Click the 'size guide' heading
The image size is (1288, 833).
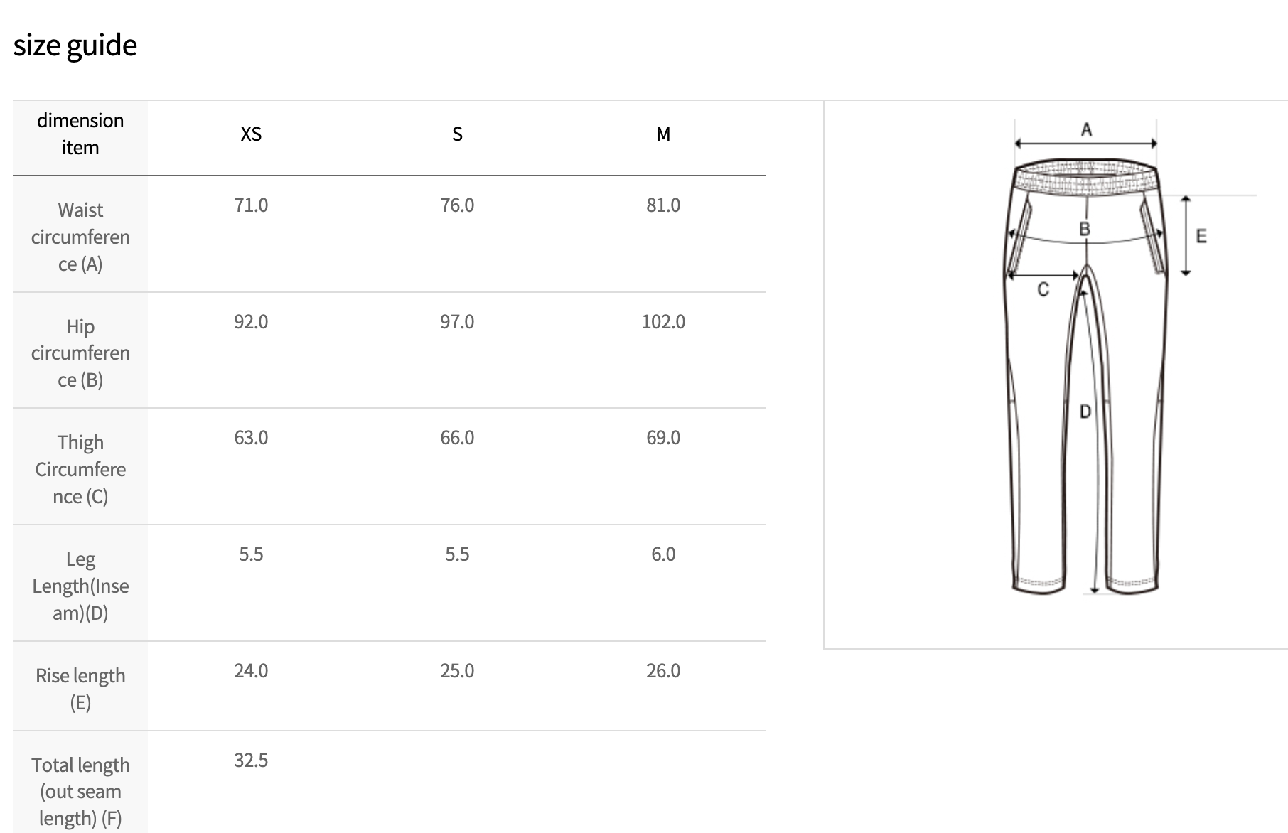point(75,45)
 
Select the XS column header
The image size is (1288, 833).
point(251,134)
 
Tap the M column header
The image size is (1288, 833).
point(663,134)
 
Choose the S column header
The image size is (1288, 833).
point(457,134)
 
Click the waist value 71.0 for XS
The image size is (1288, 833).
point(251,205)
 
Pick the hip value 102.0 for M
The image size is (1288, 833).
point(663,321)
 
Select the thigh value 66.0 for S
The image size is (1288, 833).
point(457,437)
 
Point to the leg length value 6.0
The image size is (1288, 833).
point(663,554)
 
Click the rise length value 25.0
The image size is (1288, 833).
point(457,670)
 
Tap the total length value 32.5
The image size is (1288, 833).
point(251,760)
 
